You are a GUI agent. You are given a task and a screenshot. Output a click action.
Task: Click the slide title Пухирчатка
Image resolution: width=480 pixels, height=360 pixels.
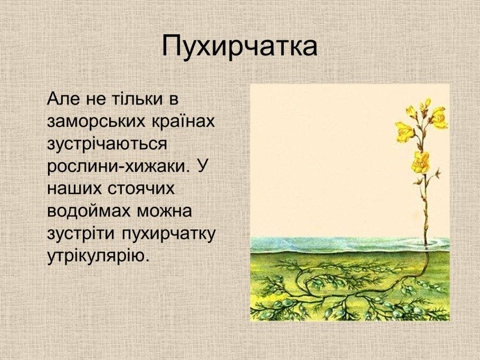239,47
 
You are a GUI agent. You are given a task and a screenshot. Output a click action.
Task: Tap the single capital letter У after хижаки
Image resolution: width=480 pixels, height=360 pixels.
201,166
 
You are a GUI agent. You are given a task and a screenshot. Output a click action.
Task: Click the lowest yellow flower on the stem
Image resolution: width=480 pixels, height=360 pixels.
420,161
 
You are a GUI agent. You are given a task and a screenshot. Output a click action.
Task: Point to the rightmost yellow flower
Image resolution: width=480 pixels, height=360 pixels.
438,118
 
